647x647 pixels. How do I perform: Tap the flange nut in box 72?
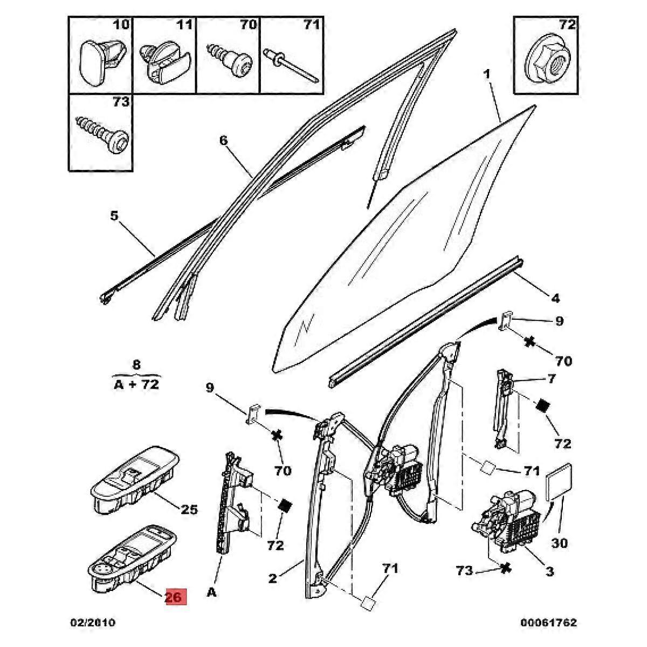click(x=545, y=63)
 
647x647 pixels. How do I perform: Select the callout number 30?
click(x=560, y=543)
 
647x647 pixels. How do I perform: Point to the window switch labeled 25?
click(x=132, y=475)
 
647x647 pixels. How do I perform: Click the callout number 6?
click(x=223, y=141)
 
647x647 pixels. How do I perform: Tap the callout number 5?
click(x=114, y=216)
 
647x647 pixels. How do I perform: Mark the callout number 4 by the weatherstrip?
click(x=555, y=297)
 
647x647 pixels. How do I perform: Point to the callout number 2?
click(x=273, y=579)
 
